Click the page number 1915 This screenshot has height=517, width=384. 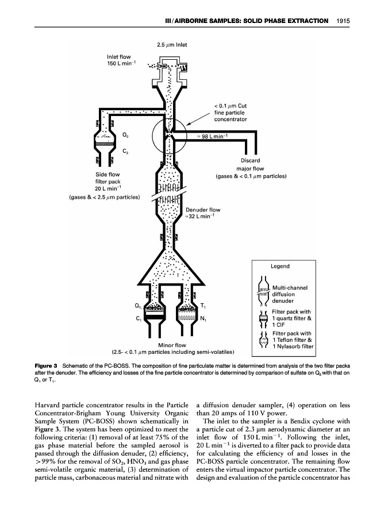[x=344, y=21]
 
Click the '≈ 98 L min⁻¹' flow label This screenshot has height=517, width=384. [x=212, y=136]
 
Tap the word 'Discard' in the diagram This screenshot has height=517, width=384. [x=251, y=161]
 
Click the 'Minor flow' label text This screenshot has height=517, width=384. [x=170, y=345]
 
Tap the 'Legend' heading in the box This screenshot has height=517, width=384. [x=281, y=266]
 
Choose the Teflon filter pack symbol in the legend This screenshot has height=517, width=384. [x=264, y=340]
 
